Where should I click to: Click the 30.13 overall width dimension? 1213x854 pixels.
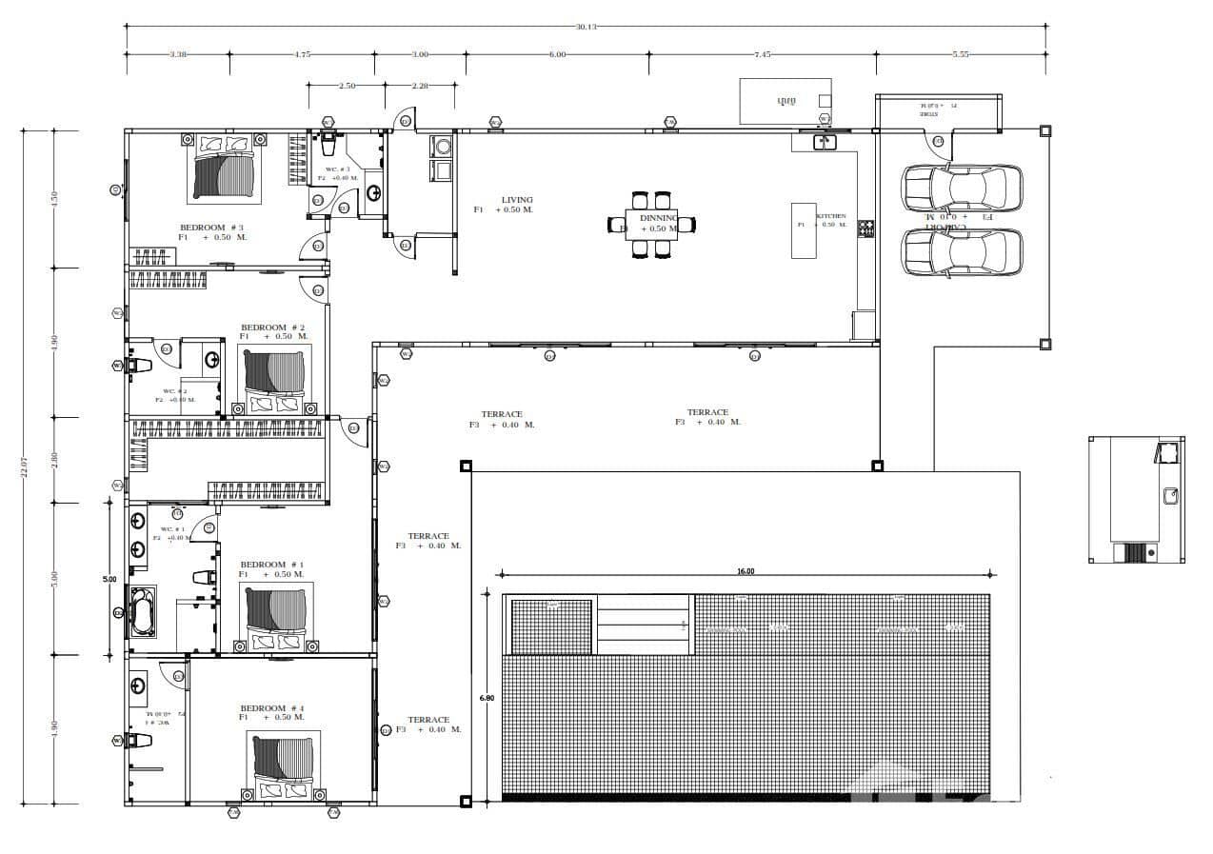coord(586,27)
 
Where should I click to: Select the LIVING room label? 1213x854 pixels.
coord(517,200)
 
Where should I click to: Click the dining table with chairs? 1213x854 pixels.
coord(652,225)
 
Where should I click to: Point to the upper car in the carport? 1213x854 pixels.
coord(962,188)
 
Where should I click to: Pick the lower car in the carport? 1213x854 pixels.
coord(962,251)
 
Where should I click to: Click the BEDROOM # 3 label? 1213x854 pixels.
coord(211,228)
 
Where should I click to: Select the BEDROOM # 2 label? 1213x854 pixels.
coord(272,328)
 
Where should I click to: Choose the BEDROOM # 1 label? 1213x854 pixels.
coord(271,565)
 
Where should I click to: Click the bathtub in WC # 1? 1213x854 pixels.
coord(144,612)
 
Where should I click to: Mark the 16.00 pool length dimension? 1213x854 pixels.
coord(745,572)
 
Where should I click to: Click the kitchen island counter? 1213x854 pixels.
coord(805,229)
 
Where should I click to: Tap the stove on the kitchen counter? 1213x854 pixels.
coord(865,228)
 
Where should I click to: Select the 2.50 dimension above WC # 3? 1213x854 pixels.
coord(347,86)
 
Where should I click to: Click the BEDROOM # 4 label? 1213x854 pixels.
coord(271,708)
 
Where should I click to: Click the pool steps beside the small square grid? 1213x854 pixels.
coord(644,625)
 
